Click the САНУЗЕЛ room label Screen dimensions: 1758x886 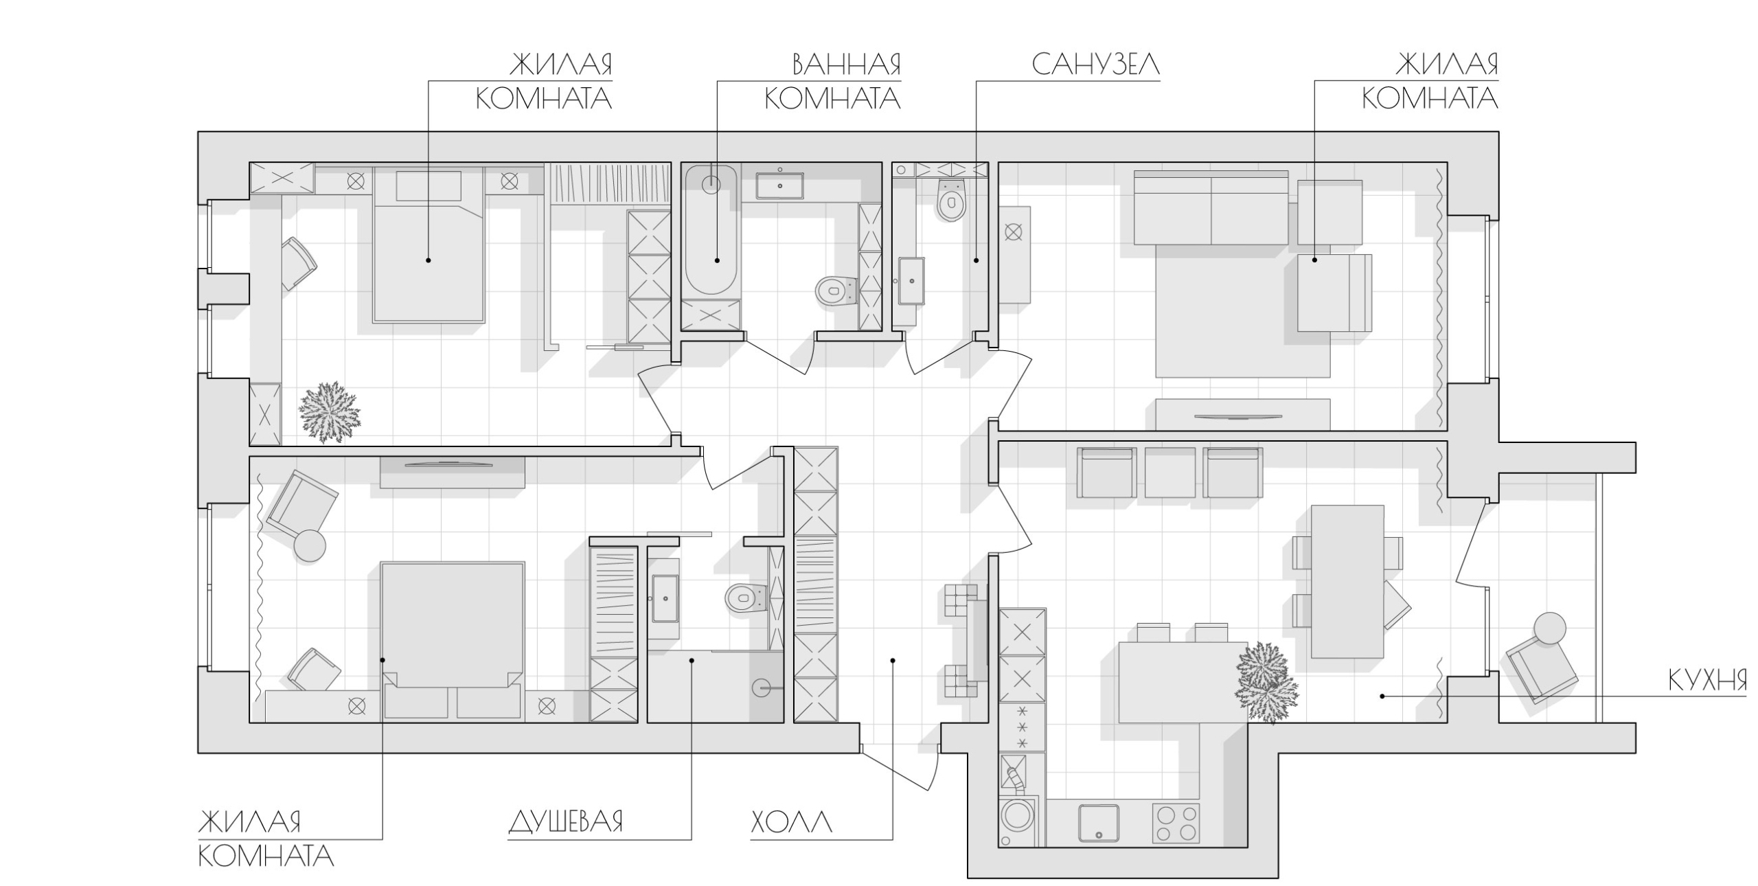1095,65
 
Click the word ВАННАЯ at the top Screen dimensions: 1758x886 846,65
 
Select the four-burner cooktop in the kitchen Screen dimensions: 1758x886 1176,823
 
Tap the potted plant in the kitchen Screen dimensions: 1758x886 1266,683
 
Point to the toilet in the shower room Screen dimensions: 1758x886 746,598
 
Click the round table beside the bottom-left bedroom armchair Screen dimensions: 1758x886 310,546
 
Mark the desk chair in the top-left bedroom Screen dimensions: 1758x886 298,263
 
